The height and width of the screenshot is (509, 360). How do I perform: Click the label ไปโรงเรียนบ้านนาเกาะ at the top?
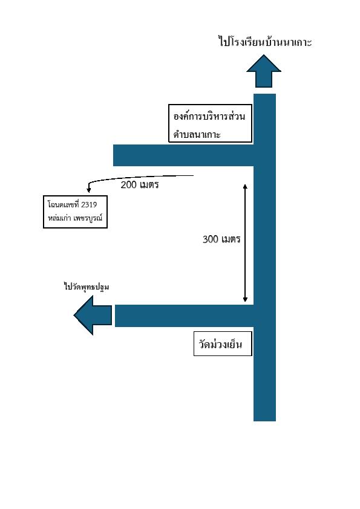click(x=265, y=42)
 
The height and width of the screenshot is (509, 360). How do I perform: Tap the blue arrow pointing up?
click(x=264, y=71)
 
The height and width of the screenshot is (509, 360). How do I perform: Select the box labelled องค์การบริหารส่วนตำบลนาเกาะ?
click(x=210, y=123)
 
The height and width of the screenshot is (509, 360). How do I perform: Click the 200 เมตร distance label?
click(x=140, y=185)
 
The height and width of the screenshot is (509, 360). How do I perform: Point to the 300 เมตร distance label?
click(x=221, y=239)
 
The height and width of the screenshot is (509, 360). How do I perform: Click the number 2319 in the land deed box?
click(x=89, y=204)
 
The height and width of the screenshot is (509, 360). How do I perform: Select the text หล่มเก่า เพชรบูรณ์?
click(x=75, y=218)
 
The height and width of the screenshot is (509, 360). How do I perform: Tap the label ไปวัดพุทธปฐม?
click(x=87, y=287)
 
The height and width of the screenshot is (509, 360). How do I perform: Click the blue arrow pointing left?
click(x=93, y=315)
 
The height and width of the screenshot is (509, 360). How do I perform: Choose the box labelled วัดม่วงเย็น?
click(x=223, y=344)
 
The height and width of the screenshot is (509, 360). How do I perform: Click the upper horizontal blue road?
click(x=183, y=155)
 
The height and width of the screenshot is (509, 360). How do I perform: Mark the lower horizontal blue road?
click(x=184, y=316)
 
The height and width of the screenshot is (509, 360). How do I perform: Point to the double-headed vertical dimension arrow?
click(x=245, y=243)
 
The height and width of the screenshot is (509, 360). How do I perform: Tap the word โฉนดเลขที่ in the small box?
click(x=64, y=204)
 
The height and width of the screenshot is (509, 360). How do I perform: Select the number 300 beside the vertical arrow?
click(x=210, y=239)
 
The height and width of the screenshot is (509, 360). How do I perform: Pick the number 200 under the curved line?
click(x=128, y=185)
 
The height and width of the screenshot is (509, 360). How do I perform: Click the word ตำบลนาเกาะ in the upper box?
click(x=197, y=134)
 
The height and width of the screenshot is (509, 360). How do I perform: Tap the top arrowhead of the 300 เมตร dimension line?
click(x=245, y=186)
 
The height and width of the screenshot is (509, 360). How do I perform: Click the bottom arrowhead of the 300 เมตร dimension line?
click(x=245, y=300)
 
